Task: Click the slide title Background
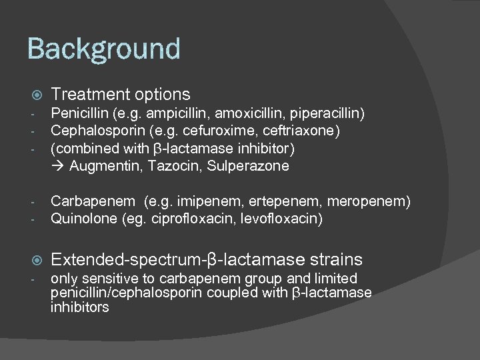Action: click(x=104, y=49)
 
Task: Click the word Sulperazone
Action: click(x=247, y=166)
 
